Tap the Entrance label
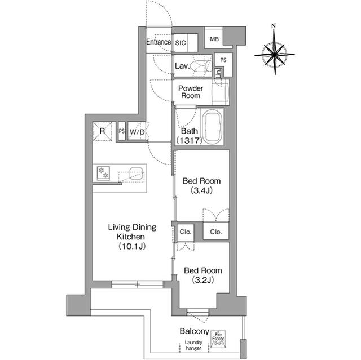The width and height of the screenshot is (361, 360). [159, 42]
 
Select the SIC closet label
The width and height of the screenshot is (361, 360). [180, 42]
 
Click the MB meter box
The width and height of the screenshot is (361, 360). [214, 38]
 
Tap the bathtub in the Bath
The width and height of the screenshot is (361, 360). [212, 126]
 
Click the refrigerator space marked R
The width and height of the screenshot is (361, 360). [103, 131]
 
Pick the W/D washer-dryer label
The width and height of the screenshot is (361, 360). [137, 132]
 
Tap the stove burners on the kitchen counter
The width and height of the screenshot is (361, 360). [103, 173]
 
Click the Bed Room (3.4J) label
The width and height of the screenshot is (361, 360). [201, 186]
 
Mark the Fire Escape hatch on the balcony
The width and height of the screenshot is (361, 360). [218, 339]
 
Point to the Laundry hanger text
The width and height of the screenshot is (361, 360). [189, 348]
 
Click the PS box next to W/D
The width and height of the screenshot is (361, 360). [122, 131]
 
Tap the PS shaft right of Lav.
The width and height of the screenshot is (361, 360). [223, 60]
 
